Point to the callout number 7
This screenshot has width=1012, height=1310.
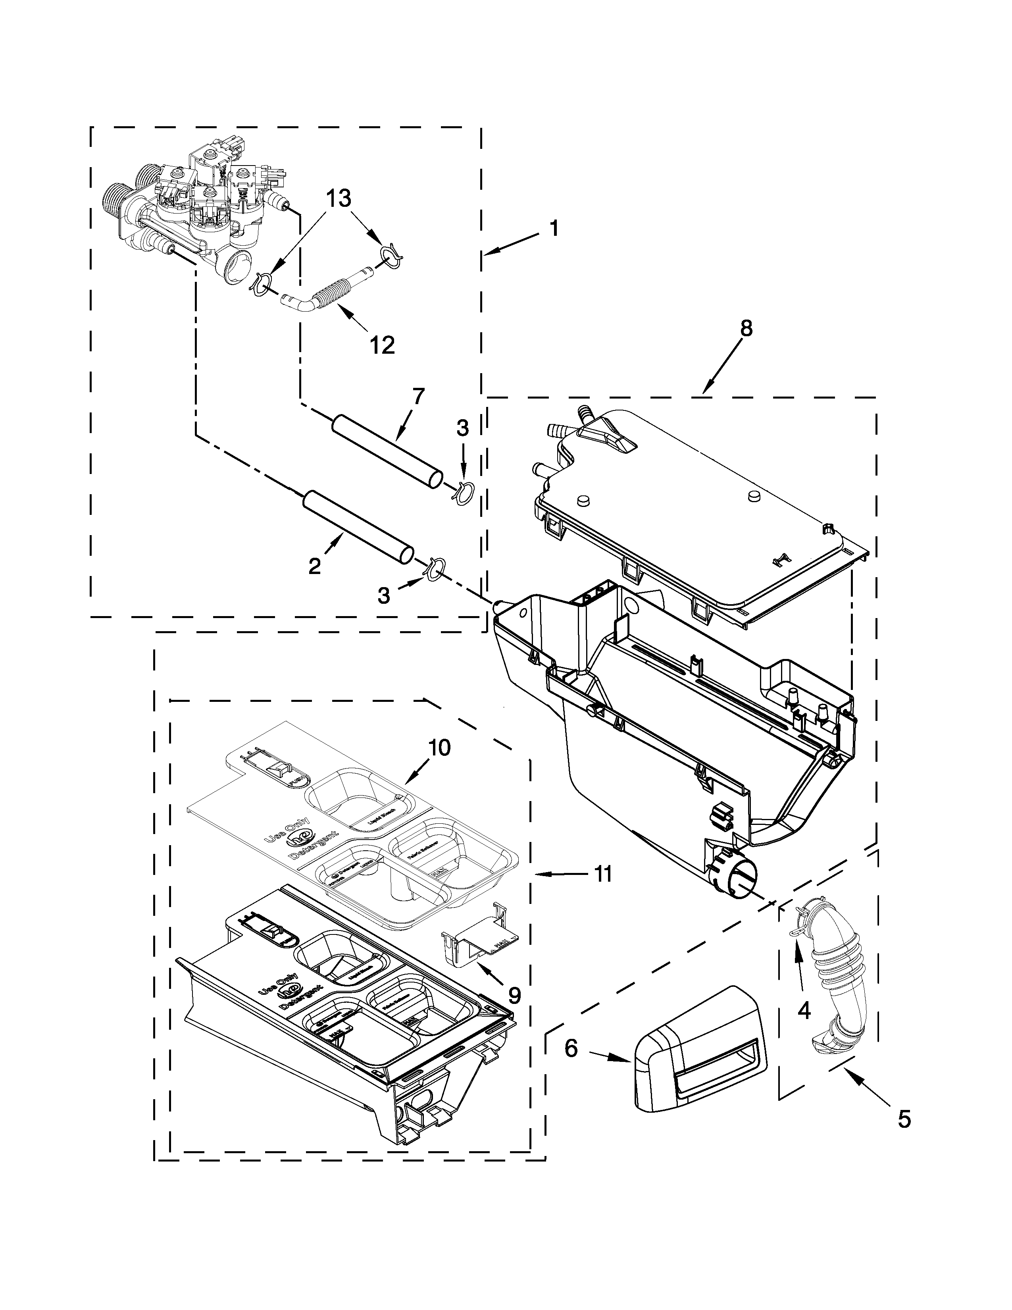tap(418, 397)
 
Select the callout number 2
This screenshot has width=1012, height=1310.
tap(314, 566)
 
